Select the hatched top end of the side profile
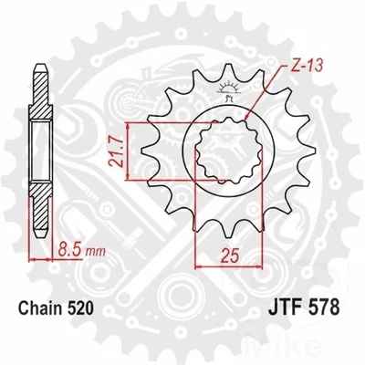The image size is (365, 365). pyautogui.click(x=40, y=82)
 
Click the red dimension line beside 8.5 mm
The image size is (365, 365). pyautogui.click(x=40, y=259)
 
